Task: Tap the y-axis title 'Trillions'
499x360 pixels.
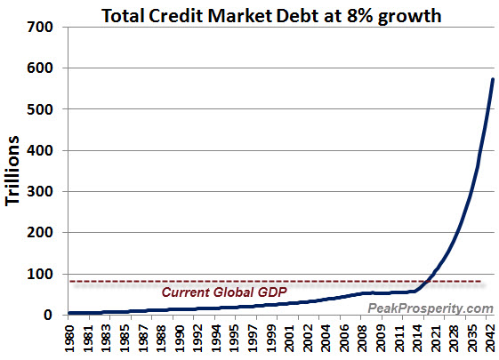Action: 15,171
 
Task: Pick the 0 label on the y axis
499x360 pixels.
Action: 54,315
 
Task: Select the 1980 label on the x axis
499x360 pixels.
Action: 71,339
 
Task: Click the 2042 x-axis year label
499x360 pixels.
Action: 490,339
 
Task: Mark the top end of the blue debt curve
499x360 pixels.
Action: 493,80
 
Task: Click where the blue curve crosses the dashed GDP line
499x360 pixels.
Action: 429,282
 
